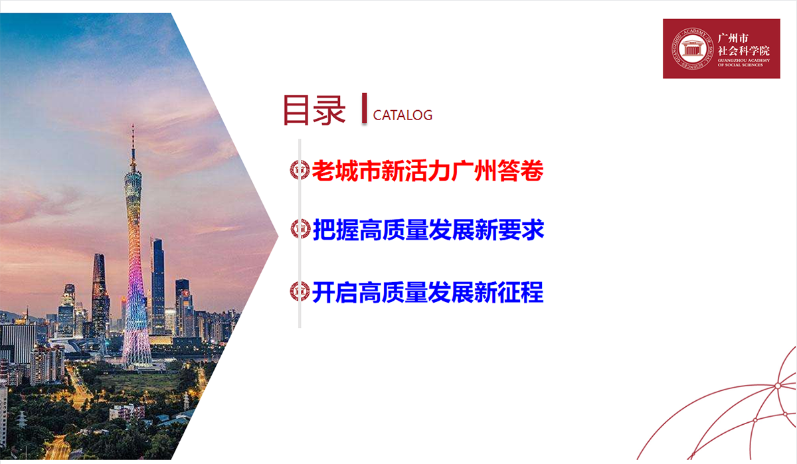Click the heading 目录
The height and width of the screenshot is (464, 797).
point(314,110)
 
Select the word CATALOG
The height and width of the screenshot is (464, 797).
point(402,116)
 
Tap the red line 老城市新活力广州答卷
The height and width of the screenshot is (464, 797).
point(428,171)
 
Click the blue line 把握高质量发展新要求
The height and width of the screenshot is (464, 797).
point(428,230)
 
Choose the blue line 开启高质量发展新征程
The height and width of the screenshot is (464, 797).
point(428,292)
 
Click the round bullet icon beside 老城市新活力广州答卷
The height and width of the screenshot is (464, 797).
point(300,170)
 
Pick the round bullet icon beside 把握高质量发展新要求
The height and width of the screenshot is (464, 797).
point(301,229)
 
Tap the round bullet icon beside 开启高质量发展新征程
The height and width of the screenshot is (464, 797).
point(300,291)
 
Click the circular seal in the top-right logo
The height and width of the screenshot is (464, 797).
point(692,48)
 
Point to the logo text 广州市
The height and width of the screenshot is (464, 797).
point(733,38)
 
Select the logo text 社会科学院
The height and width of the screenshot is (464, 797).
point(744,51)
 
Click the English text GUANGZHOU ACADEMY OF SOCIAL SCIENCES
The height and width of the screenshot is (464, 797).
point(744,62)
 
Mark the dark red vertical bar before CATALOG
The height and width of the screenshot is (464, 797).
point(364,108)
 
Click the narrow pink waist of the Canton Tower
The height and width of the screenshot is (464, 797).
point(135,263)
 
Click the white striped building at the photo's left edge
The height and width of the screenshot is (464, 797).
point(18,343)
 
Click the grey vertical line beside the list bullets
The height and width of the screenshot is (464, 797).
point(300,233)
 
